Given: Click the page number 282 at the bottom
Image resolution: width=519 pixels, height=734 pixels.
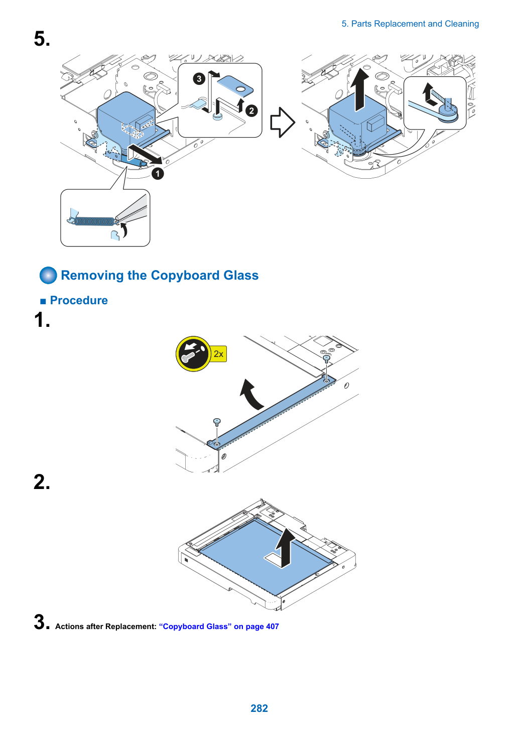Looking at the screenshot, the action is pyautogui.click(x=259, y=708).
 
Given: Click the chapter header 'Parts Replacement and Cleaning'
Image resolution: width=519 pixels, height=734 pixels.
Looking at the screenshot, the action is pyautogui.click(x=415, y=24).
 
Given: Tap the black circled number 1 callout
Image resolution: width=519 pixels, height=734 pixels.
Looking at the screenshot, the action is pyautogui.click(x=158, y=173).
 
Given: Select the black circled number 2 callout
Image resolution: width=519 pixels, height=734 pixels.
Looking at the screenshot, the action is pyautogui.click(x=251, y=111).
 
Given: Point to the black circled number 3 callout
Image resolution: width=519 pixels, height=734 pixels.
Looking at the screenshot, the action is pyautogui.click(x=199, y=79).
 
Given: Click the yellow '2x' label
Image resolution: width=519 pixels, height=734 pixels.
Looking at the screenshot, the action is pyautogui.click(x=218, y=354).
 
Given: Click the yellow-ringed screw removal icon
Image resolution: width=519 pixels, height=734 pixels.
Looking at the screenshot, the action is pyautogui.click(x=193, y=353).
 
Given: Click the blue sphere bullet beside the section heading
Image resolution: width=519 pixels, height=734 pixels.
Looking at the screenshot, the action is pyautogui.click(x=48, y=275).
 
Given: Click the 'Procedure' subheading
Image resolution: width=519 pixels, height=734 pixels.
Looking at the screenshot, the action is pyautogui.click(x=79, y=301).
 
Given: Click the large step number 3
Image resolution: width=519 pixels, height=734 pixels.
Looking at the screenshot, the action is pyautogui.click(x=42, y=622).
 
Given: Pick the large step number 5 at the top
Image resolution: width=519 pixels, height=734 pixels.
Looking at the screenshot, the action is pyautogui.click(x=42, y=39).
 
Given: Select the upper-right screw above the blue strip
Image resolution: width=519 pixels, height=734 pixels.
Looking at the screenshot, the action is pyautogui.click(x=326, y=358).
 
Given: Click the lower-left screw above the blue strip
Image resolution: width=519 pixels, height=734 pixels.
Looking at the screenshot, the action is pyautogui.click(x=216, y=422).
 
